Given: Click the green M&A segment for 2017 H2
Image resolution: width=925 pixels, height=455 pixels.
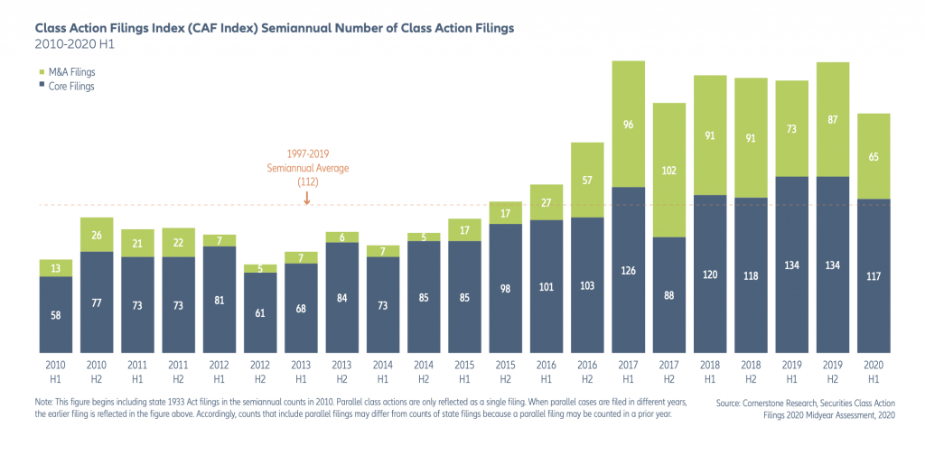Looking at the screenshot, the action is click(669, 171).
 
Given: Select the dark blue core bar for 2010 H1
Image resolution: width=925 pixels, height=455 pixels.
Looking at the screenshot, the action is click(56, 315).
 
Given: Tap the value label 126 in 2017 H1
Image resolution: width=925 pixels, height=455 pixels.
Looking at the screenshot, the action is click(629, 271).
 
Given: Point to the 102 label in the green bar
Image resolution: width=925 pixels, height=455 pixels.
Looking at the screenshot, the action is click(669, 171).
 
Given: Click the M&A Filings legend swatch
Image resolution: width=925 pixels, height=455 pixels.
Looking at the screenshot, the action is click(42, 72).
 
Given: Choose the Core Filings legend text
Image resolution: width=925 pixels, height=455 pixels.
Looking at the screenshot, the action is click(72, 87).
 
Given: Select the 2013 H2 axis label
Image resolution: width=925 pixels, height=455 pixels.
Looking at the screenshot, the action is click(342, 370).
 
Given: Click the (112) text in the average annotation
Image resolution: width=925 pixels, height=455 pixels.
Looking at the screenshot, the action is click(307, 182).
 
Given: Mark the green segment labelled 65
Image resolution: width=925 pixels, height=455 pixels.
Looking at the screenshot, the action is click(874, 156).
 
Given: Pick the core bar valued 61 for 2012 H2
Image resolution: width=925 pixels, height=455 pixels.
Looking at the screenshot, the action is click(260, 313).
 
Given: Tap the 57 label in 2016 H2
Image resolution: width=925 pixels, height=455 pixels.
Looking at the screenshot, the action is click(587, 181).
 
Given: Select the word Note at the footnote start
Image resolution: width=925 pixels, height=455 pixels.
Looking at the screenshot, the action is click(43, 402).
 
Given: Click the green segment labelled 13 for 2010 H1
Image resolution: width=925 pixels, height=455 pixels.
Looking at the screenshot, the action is click(56, 268).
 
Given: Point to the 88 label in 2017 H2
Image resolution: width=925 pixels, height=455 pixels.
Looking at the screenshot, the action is click(669, 294).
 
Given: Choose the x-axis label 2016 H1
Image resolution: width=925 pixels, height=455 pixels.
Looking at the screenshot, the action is click(547, 370).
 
